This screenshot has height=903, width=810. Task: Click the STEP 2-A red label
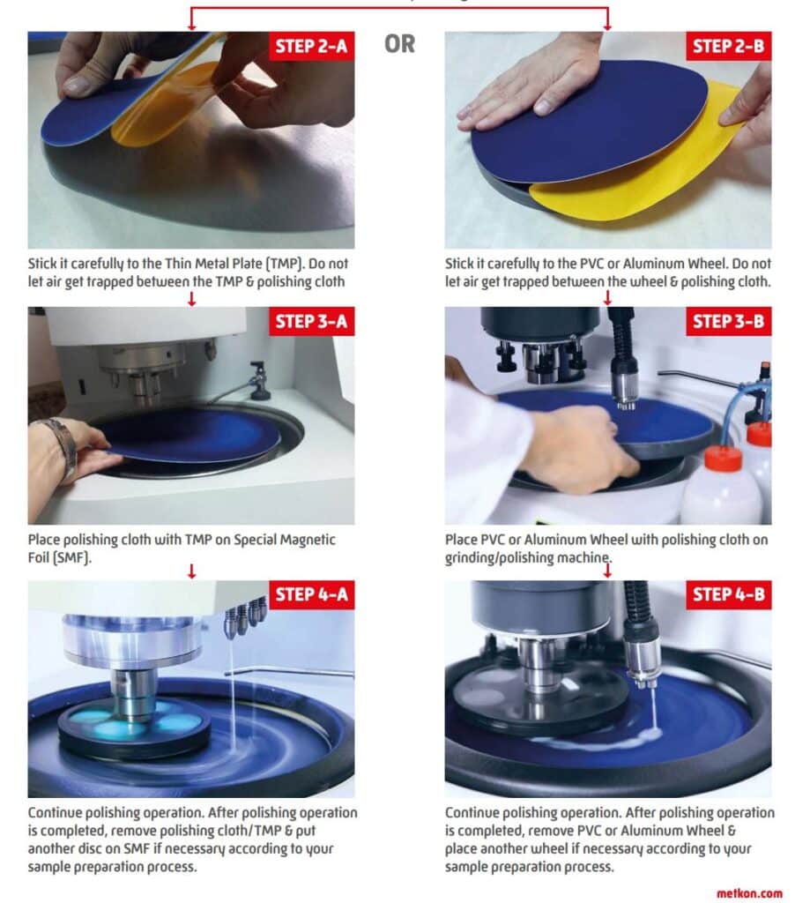[311, 46]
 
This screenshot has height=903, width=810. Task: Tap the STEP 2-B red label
[728, 46]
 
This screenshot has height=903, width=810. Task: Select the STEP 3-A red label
[311, 321]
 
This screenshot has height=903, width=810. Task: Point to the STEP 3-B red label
[728, 321]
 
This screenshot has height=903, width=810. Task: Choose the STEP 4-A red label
[311, 594]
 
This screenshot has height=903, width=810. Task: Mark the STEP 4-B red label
[728, 594]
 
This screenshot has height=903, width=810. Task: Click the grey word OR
[399, 44]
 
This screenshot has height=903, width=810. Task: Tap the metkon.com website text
[749, 893]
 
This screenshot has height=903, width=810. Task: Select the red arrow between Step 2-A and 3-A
[192, 299]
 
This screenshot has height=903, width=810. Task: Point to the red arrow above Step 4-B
[607, 571]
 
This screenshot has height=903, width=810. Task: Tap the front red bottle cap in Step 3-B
[723, 459]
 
